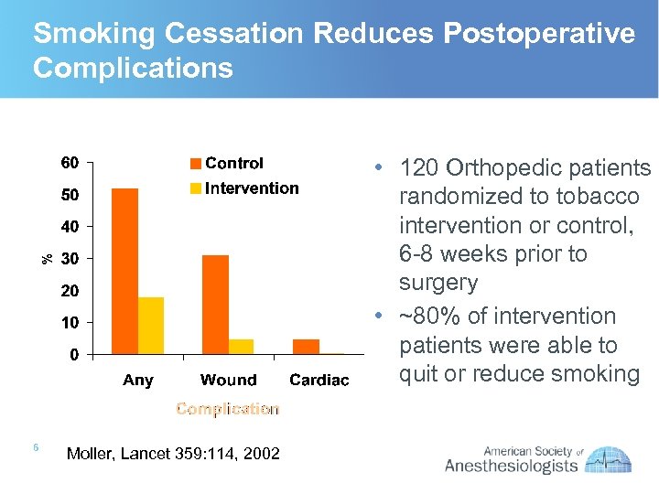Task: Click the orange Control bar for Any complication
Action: click(124, 271)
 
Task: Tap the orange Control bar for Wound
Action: click(215, 304)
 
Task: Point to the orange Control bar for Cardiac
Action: click(306, 346)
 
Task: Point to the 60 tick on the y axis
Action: click(70, 164)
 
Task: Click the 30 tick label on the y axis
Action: click(70, 259)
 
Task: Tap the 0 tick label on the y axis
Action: click(74, 354)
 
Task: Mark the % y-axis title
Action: click(48, 259)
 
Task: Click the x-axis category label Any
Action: click(138, 380)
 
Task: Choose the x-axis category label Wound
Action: click(228, 380)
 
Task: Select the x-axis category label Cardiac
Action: click(319, 380)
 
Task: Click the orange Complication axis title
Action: click(227, 409)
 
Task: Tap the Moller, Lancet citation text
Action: click(174, 453)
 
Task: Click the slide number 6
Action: click(35, 447)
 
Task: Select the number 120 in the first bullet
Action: click(423, 168)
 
